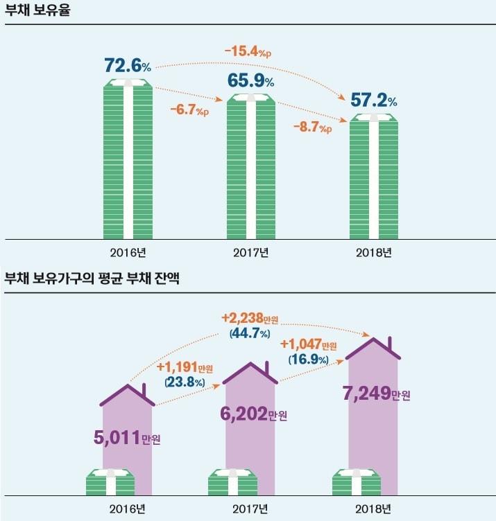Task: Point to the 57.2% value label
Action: click(374, 100)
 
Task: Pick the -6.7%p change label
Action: click(189, 109)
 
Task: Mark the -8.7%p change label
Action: click(312, 127)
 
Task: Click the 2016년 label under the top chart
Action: click(128, 251)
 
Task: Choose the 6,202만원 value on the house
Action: click(250, 414)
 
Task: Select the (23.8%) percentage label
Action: click(184, 382)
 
